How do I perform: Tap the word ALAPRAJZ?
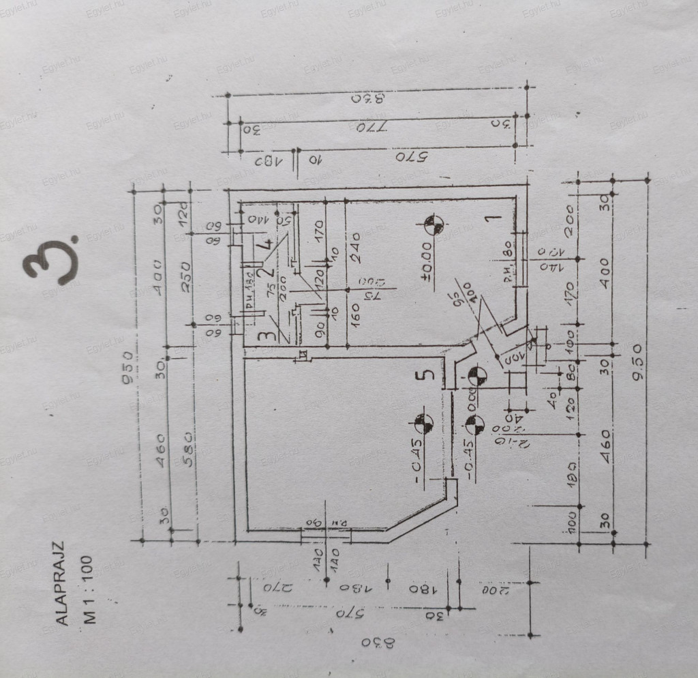(x=61, y=583)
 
